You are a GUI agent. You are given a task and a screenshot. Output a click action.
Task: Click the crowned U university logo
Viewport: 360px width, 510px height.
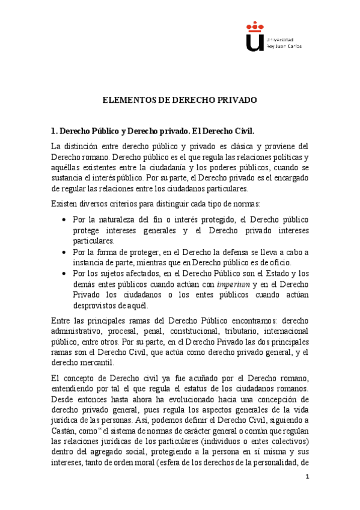click(x=255, y=35)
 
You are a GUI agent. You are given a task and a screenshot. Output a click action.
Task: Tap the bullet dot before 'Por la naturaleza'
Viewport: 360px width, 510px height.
click(x=64, y=220)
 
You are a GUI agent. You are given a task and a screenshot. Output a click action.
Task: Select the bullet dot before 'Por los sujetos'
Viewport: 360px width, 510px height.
click(x=64, y=274)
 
